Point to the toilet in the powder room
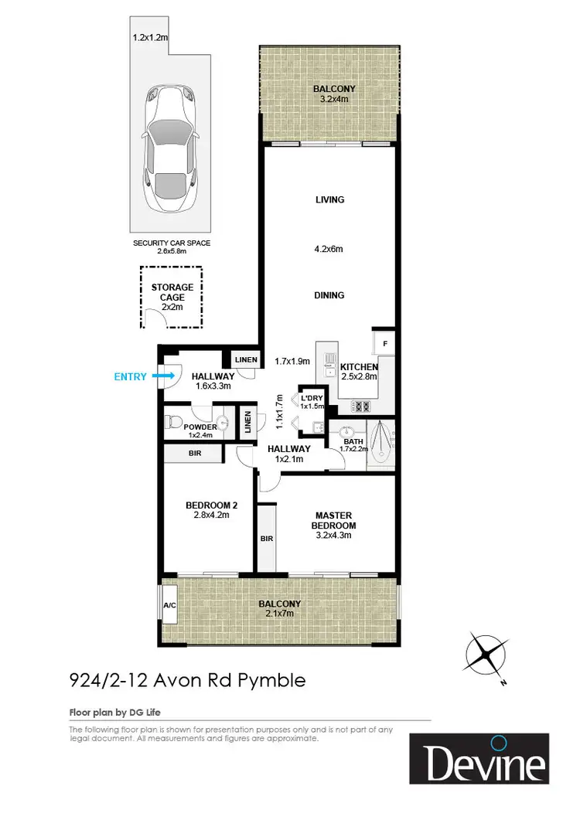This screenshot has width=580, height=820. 176,423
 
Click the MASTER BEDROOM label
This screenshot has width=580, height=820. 334,520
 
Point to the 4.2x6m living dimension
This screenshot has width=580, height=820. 329,249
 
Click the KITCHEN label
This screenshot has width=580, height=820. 360,367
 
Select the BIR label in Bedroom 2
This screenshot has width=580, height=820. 194,454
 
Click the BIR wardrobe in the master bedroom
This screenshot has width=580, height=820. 266,537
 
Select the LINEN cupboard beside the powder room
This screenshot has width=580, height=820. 247,424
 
